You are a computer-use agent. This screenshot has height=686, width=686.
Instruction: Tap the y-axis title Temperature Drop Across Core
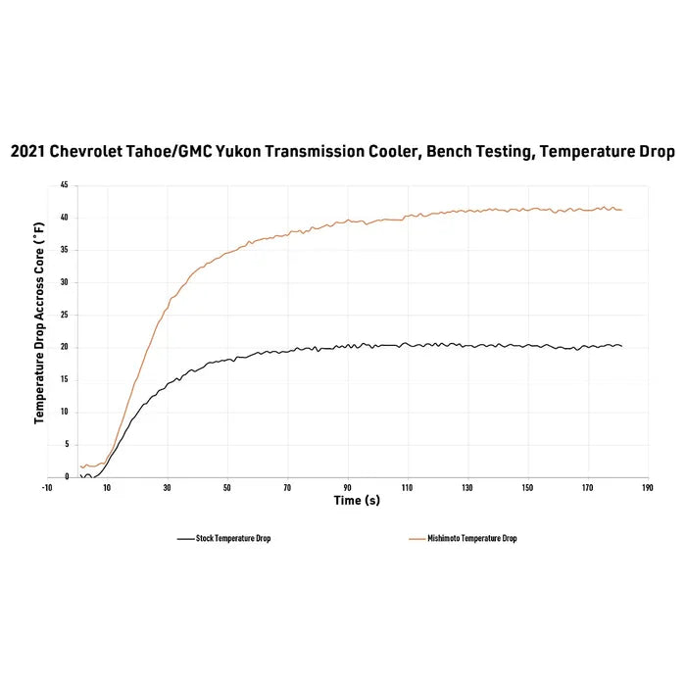[x=39, y=323]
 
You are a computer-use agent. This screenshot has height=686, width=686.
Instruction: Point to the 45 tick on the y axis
[x=64, y=184]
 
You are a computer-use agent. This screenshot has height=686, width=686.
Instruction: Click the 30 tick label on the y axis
[x=64, y=282]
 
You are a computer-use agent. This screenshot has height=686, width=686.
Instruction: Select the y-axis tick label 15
[x=64, y=379]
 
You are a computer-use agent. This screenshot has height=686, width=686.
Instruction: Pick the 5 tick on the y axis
[x=66, y=445]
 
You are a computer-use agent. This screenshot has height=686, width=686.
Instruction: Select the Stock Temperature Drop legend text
[x=233, y=539]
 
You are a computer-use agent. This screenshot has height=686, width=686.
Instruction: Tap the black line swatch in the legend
[x=185, y=539]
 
